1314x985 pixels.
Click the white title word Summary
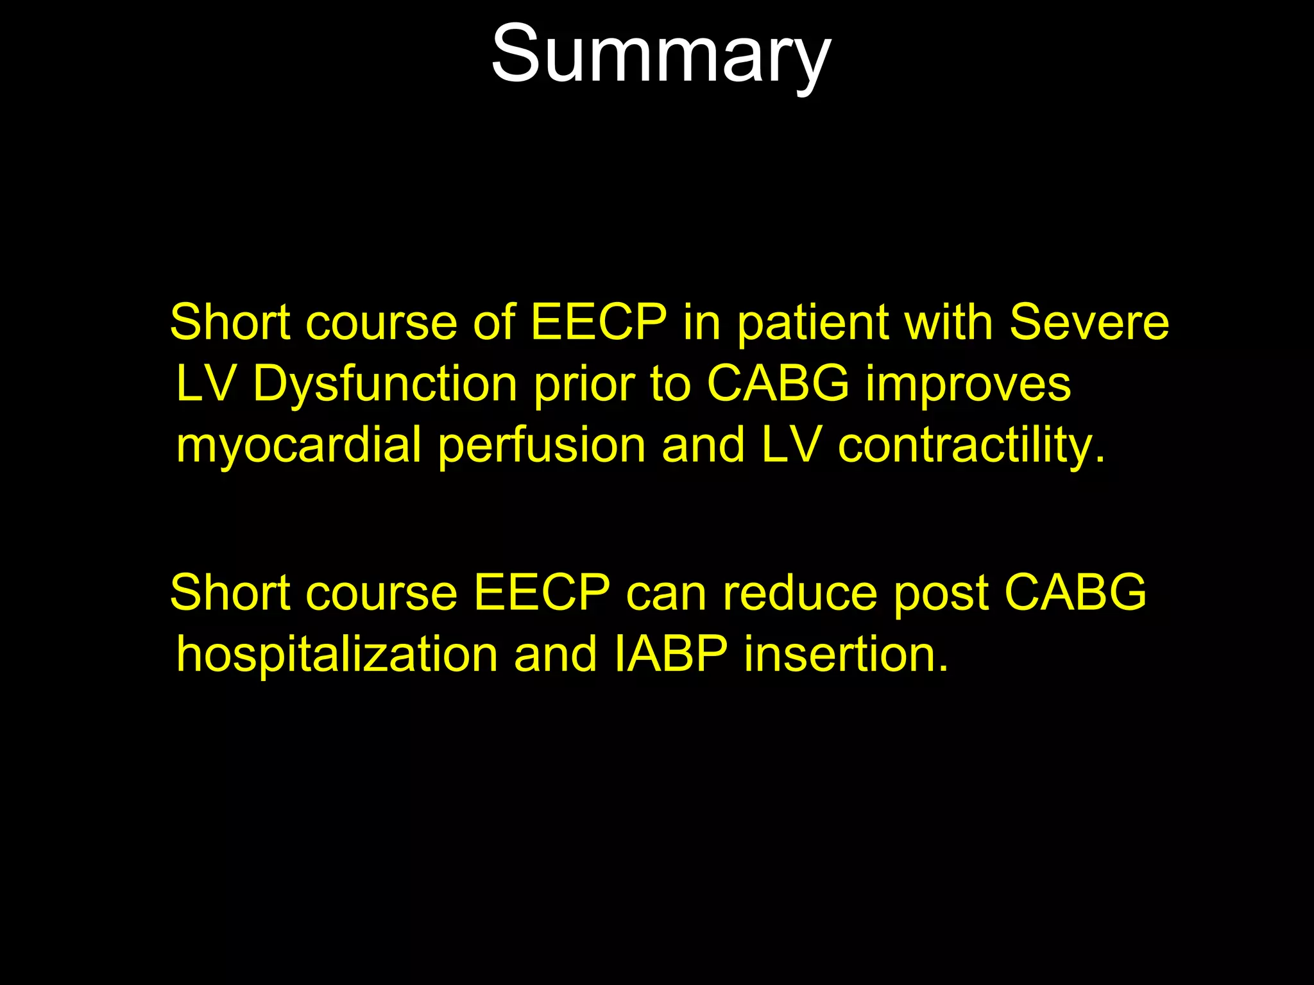[661, 55]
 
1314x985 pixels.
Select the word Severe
[1089, 322]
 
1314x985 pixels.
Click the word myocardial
[299, 445]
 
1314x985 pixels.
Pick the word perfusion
[542, 445]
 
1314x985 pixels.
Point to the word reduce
[799, 593]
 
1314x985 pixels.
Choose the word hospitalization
[337, 654]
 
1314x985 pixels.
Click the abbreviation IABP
[670, 654]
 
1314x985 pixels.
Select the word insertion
[846, 654]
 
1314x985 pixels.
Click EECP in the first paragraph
[599, 322]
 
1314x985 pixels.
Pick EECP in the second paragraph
[542, 593]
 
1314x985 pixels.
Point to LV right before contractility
[791, 445]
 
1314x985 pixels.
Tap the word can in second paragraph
[666, 593]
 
